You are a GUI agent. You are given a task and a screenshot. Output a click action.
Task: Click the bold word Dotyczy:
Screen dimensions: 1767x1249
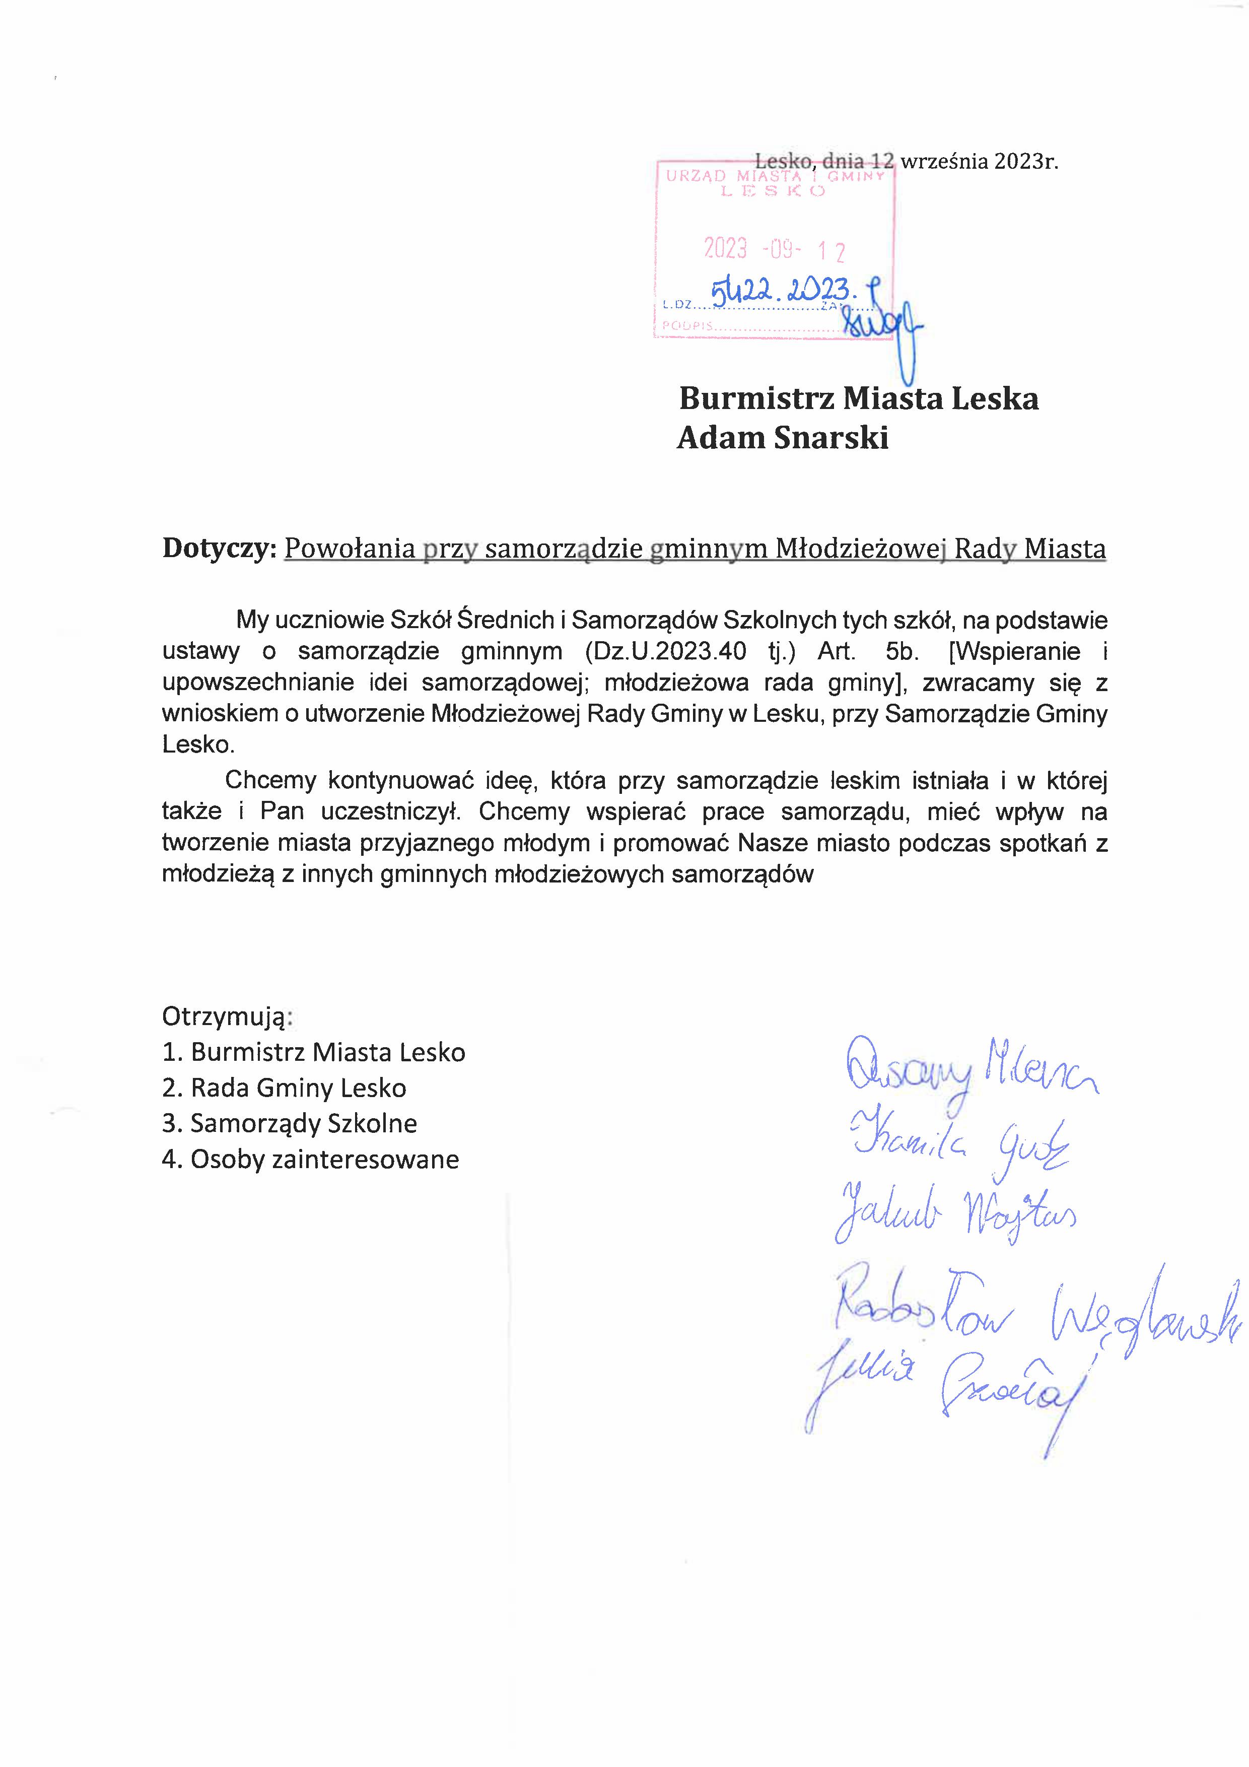219,548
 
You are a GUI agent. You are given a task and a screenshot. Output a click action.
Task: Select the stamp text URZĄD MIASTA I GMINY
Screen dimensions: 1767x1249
775,176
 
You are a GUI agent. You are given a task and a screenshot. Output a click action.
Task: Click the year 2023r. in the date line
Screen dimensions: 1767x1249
1026,162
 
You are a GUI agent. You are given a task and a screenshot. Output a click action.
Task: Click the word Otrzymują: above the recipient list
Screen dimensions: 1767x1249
227,1016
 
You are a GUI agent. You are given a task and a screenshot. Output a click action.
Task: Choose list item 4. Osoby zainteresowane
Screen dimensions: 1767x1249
310,1159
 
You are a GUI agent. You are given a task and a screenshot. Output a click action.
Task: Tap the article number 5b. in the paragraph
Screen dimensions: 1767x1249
902,651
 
